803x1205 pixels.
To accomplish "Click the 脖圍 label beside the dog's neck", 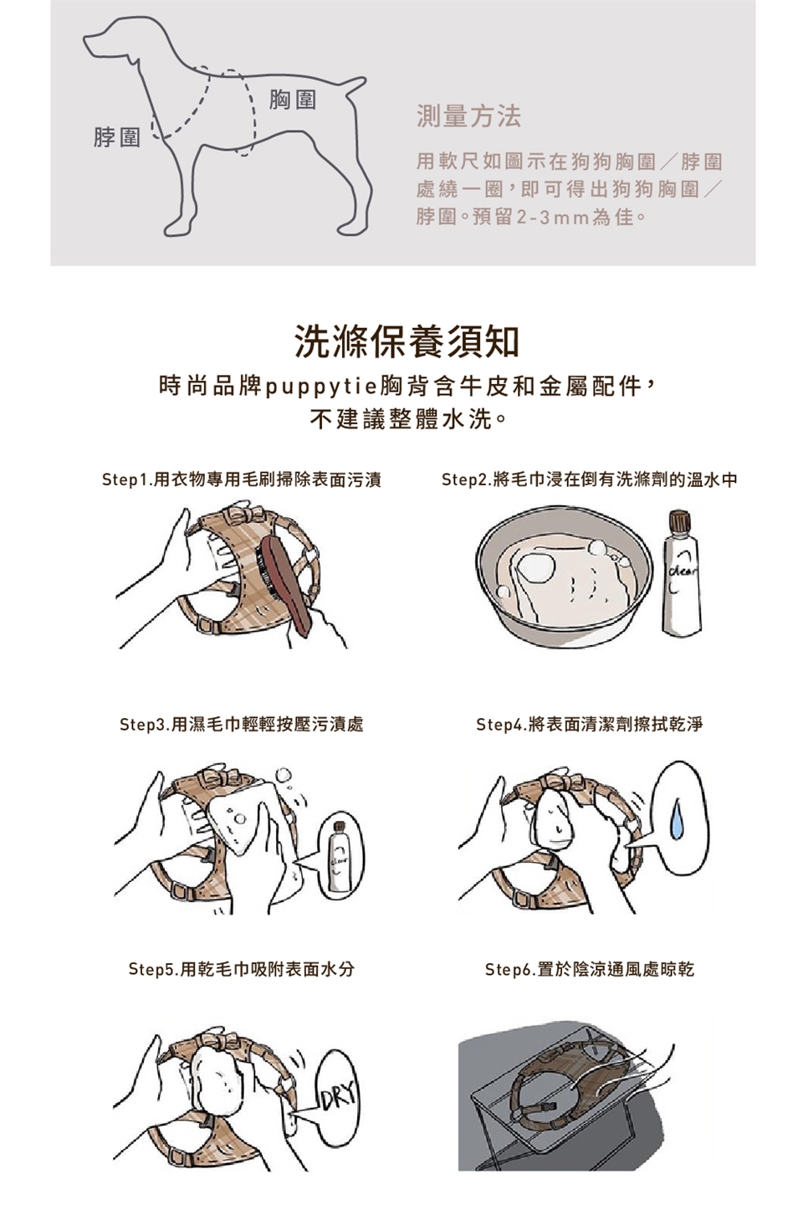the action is (117, 137).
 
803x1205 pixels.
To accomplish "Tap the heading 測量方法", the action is (468, 116).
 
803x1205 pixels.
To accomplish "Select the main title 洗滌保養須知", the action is (407, 341).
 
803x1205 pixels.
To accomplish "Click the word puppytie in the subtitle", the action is (322, 387).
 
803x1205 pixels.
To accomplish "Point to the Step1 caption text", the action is (242, 479).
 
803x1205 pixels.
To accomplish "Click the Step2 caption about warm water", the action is (590, 479).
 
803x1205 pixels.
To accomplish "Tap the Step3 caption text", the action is (242, 724).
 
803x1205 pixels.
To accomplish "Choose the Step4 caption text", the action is (590, 724).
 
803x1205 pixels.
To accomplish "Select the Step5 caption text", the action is (242, 969).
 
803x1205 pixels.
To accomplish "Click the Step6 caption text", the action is (590, 969).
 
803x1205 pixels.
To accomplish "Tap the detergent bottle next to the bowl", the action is (682, 573).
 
